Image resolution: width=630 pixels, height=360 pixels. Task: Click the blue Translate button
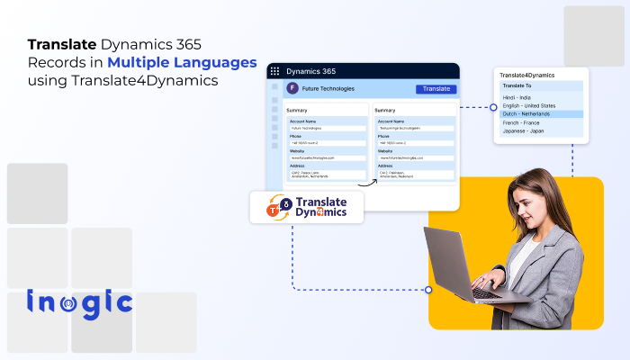(436, 89)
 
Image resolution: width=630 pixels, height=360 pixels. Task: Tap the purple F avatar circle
(292, 89)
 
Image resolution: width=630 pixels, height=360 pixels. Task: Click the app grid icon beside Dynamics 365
(274, 71)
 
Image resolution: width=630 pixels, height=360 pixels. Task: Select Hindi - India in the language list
(517, 97)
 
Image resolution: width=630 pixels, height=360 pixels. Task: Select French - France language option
(523, 122)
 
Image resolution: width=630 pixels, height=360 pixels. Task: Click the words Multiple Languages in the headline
(182, 63)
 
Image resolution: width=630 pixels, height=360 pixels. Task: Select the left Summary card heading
(297, 111)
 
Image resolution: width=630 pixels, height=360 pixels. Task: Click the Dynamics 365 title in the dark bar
(310, 71)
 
